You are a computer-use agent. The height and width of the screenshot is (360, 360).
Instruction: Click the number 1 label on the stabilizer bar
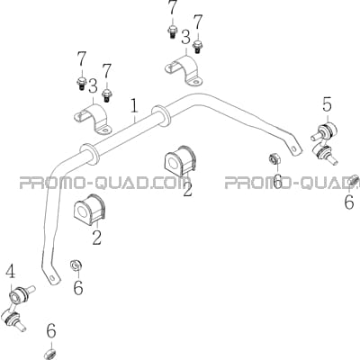(134, 106)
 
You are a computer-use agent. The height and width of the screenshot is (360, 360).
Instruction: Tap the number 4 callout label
(11, 272)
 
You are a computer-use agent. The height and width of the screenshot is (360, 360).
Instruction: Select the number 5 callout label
(327, 104)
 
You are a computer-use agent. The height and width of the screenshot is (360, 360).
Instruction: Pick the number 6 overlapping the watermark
(278, 181)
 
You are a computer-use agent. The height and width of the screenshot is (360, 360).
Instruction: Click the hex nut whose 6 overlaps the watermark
(274, 158)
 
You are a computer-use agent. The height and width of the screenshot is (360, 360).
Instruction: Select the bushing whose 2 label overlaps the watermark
(180, 161)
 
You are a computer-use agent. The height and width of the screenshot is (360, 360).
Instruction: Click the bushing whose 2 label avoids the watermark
(89, 209)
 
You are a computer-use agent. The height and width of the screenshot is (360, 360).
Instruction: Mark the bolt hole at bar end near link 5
(293, 148)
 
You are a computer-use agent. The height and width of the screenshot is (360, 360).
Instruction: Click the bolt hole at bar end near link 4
(53, 277)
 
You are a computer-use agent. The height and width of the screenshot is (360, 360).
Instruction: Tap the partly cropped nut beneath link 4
(51, 354)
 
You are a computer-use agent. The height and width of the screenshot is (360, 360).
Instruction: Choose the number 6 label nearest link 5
(349, 202)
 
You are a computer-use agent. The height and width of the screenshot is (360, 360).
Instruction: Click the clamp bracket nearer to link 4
(93, 119)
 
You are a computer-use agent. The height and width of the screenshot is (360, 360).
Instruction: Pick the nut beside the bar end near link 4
(76, 265)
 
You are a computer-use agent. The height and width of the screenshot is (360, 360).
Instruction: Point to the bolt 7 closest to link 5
(197, 47)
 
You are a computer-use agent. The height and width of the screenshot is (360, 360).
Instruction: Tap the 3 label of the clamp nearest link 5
(185, 39)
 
